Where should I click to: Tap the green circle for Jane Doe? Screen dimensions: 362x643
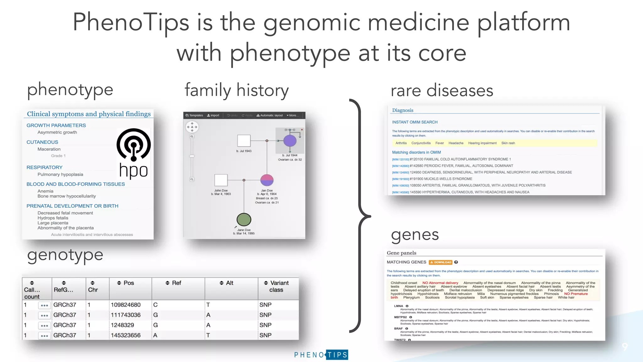pyautogui.click(x=244, y=220)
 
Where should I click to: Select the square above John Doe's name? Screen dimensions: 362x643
pyautogui.click(x=221, y=180)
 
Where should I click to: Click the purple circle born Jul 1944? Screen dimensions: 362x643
pyautogui.click(x=290, y=141)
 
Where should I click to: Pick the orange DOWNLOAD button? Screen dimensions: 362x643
pyautogui.click(x=440, y=262)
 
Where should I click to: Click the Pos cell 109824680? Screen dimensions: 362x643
pyautogui.click(x=126, y=305)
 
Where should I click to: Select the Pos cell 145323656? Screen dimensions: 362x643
pyautogui.click(x=126, y=335)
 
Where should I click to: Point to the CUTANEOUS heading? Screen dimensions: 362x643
pyautogui.click(x=42, y=142)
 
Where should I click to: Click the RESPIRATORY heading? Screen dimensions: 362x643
pyautogui.click(x=45, y=167)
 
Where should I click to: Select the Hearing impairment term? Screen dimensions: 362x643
pyautogui.click(x=482, y=143)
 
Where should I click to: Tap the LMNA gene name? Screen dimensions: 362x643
pyautogui.click(x=398, y=306)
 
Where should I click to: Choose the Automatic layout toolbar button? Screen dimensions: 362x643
pyautogui.click(x=270, y=115)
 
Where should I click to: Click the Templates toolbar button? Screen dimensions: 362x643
pyautogui.click(x=194, y=115)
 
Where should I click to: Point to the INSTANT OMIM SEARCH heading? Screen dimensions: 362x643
pyautogui.click(x=414, y=122)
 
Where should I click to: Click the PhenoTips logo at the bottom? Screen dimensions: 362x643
pyautogui.click(x=321, y=355)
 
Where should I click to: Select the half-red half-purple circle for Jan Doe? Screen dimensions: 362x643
pyautogui.click(x=267, y=180)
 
